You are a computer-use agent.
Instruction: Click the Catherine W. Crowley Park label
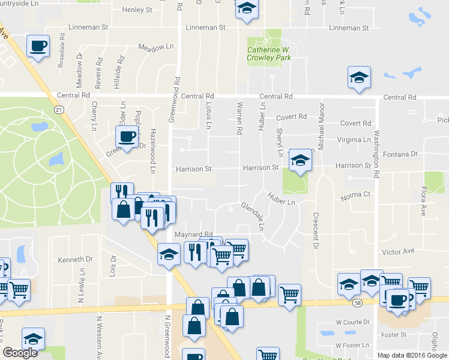click(268, 54)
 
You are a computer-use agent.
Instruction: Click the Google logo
click(20, 353)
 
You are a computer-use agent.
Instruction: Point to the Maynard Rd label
click(194, 235)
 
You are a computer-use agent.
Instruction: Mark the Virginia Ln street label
click(355, 139)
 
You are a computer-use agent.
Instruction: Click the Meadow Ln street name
click(155, 47)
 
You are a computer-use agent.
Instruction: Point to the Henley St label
click(137, 10)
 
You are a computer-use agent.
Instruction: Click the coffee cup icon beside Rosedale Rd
click(38, 46)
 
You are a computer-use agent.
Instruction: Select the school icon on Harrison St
click(300, 160)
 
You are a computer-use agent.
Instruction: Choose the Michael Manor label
click(321, 127)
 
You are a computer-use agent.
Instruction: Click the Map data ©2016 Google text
click(412, 355)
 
